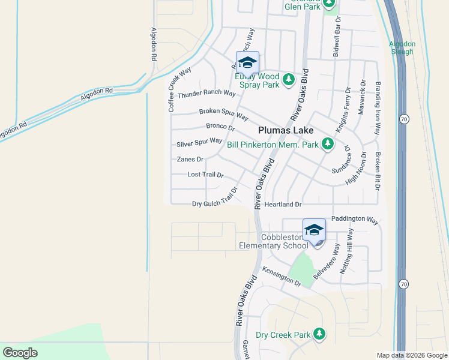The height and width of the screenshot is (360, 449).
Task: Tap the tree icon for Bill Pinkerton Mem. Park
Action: [327, 143]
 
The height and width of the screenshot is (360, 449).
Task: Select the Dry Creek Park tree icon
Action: [319, 334]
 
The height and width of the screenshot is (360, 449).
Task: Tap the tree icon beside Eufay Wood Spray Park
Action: [289, 80]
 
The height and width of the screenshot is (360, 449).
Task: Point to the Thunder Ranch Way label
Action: [206, 94]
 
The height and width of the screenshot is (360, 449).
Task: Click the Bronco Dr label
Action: [220, 127]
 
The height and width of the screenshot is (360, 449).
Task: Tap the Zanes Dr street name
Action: [190, 159]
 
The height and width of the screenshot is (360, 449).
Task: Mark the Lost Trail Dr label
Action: [205, 175]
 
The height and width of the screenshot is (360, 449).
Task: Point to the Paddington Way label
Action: [355, 220]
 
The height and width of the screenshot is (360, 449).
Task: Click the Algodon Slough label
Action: [402, 47]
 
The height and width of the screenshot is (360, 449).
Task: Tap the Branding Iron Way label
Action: [378, 108]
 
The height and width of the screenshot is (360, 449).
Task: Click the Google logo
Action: [20, 353]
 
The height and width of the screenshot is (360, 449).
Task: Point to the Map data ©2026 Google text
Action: [411, 355]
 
